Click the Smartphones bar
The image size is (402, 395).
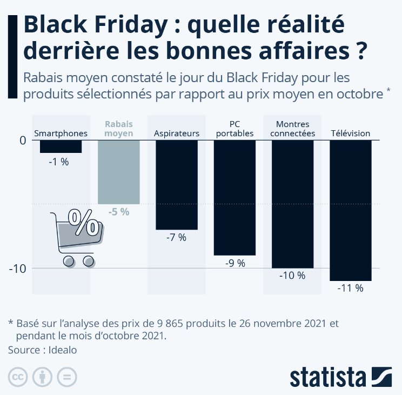tap(61, 146)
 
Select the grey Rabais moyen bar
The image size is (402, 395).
tap(118, 172)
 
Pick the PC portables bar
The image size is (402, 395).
tap(234, 197)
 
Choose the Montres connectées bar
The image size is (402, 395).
tap(292, 204)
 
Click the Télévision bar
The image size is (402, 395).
tap(350, 210)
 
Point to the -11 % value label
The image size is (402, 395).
tap(350, 288)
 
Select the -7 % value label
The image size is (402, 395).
tap(176, 238)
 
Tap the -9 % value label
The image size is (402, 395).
tap(234, 263)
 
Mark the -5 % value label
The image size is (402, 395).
tap(118, 212)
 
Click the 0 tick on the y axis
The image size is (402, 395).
tap(23, 140)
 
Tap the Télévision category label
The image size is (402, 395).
tap(350, 133)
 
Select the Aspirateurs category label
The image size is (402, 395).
tap(176, 133)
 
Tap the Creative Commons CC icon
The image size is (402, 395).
tap(18, 377)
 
